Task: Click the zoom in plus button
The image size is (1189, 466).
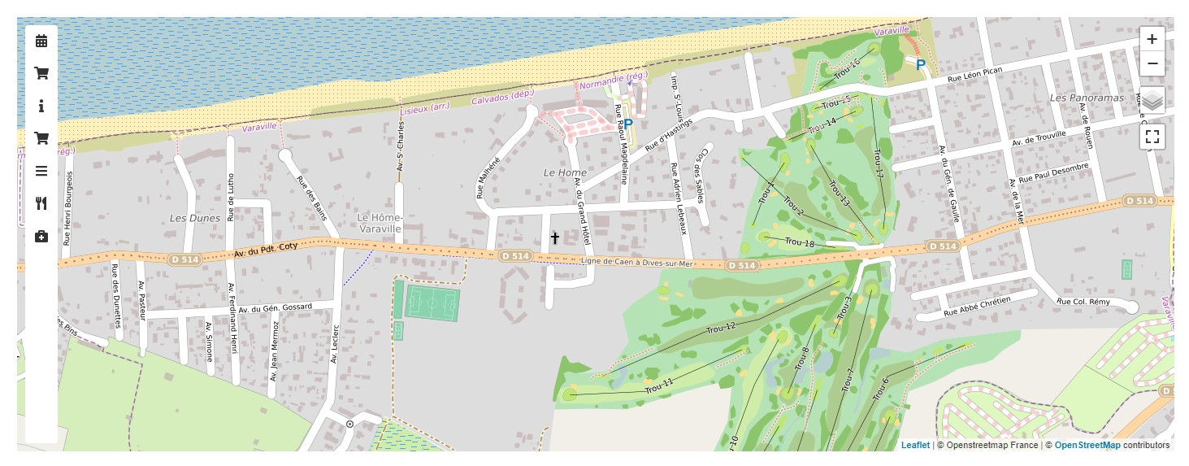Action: click(x=1152, y=39)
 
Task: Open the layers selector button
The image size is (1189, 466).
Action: click(x=1152, y=101)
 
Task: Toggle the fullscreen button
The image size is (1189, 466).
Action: click(x=1152, y=137)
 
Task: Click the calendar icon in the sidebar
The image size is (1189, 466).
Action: click(x=41, y=41)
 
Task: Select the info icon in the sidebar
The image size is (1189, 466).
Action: click(x=41, y=106)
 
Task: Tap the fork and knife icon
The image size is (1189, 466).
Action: click(x=41, y=203)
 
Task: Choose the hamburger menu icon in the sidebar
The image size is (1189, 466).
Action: click(x=41, y=171)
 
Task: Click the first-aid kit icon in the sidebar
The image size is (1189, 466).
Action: click(x=41, y=237)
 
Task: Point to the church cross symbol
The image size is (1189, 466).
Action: click(x=555, y=237)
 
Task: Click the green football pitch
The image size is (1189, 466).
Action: click(x=432, y=303)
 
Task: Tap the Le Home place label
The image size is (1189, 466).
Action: click(x=564, y=173)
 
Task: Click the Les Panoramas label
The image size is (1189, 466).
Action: click(x=1086, y=98)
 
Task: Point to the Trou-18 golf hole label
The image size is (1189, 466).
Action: click(x=799, y=242)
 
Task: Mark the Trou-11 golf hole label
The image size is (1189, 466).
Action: click(x=658, y=386)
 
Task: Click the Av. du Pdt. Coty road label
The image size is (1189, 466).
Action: click(x=266, y=250)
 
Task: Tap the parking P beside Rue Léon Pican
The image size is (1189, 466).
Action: click(x=920, y=65)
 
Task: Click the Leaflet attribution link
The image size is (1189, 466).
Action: click(x=914, y=445)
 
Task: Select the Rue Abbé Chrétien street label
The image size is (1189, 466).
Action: click(x=977, y=306)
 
